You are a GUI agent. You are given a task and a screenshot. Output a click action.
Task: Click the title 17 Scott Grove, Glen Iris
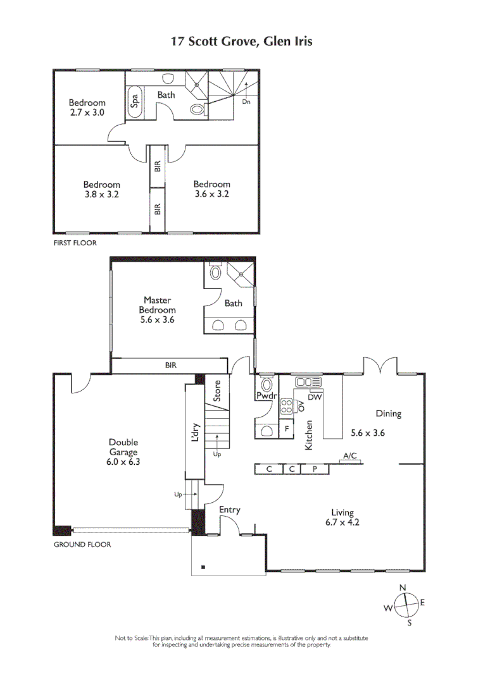242,42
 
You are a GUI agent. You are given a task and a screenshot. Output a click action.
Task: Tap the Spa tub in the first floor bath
135,101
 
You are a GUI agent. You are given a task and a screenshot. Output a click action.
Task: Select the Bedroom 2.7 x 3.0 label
87,108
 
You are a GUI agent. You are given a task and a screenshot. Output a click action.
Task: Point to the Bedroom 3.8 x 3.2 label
102,190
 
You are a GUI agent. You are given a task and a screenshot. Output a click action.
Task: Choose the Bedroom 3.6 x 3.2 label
211,190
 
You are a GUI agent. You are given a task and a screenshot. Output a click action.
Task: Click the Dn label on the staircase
246,101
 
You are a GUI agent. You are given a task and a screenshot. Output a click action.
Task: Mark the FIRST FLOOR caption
75,242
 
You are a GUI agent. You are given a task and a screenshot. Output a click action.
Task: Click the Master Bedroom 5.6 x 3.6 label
158,310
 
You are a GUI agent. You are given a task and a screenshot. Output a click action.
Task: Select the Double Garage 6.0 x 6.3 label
123,452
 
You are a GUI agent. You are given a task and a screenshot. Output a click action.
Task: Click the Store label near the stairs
217,391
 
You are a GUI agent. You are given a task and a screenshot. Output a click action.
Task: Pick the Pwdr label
264,396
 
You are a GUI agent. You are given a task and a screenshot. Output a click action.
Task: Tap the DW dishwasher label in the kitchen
317,397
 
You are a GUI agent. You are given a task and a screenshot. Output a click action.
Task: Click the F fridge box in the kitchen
286,428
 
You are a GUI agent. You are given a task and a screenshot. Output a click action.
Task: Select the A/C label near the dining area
350,455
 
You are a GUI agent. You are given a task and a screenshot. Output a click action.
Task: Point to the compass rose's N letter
402,588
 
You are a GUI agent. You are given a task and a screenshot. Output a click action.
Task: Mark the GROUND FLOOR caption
82,544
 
